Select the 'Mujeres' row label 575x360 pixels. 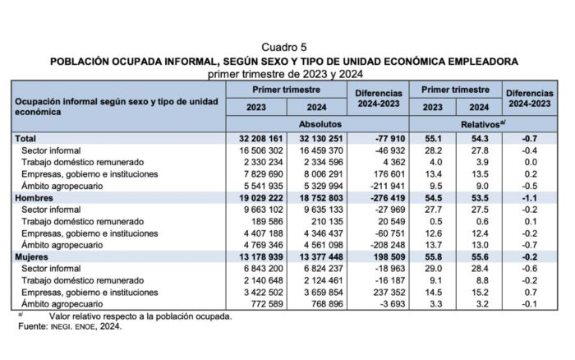click(34, 257)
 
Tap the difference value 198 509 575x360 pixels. click(377, 257)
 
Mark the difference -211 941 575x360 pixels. click(377, 187)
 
